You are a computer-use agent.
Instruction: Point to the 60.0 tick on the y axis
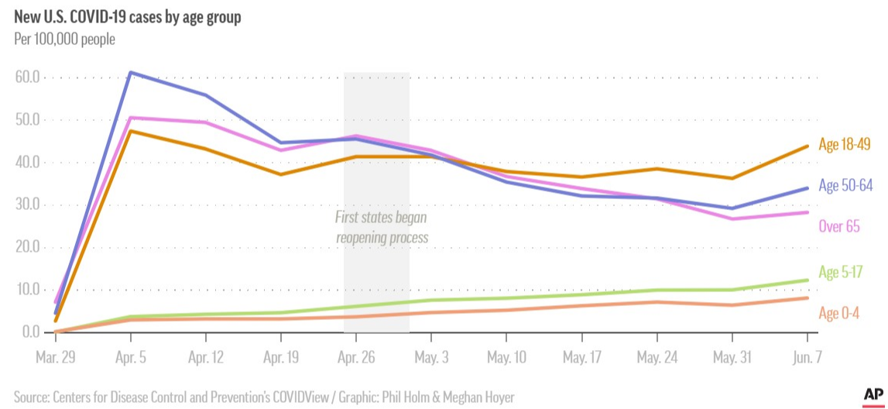click(x=28, y=78)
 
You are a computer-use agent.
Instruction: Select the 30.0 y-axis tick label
click(x=28, y=205)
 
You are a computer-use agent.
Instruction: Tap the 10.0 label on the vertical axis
click(x=28, y=290)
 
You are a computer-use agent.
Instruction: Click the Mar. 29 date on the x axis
click(x=55, y=359)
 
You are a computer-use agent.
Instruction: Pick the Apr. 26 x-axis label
click(x=356, y=359)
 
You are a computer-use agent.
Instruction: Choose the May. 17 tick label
click(x=581, y=359)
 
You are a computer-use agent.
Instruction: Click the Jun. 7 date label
click(x=807, y=359)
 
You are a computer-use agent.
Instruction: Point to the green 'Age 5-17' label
click(x=841, y=273)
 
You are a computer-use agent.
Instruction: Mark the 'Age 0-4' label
click(x=839, y=313)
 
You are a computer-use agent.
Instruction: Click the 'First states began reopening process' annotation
click(x=381, y=228)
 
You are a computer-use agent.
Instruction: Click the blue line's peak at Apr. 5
click(x=130, y=73)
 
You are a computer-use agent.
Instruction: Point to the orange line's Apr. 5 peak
click(x=130, y=131)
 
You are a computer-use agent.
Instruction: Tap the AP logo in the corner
click(x=873, y=395)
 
